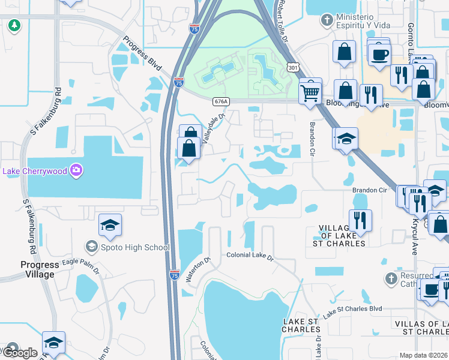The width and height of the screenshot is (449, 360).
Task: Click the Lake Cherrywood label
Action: click(35, 171)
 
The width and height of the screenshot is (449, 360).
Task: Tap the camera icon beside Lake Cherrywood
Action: click(76, 170)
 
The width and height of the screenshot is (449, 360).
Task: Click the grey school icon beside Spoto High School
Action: click(91, 246)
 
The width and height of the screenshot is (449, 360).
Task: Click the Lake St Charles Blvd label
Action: click(352, 311)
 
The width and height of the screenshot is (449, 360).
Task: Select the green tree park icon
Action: click(14, 26)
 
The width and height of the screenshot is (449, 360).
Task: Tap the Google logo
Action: click(20, 352)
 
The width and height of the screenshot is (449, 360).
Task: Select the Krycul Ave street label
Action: click(414, 236)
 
